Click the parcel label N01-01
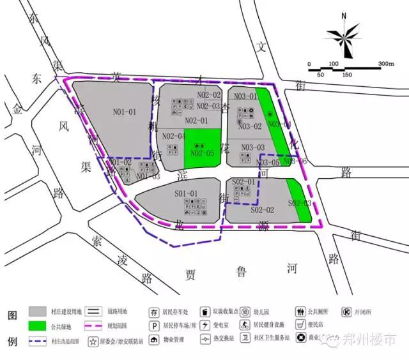tap(125, 112)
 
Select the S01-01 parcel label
tap(187, 193)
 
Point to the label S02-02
tap(262, 210)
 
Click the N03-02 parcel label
tap(250, 126)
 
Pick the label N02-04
tap(174, 135)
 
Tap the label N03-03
tap(253, 147)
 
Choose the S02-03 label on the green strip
tap(299, 203)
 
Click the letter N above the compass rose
tap(344, 17)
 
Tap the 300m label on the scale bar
tap(386, 64)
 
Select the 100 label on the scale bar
tap(334, 64)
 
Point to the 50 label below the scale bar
tap(321, 75)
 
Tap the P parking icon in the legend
tap(154, 326)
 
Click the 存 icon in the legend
tap(154, 312)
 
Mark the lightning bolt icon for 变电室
tap(204, 326)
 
